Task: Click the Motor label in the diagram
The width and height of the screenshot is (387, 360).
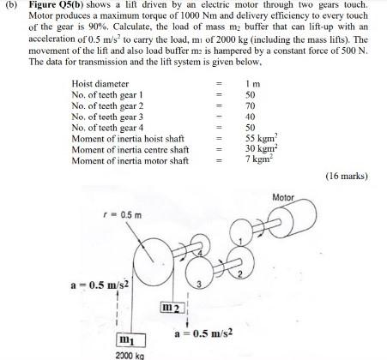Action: (282, 197)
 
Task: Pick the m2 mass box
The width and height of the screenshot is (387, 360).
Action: (172, 307)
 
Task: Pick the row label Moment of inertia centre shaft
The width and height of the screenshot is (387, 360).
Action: (129, 148)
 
